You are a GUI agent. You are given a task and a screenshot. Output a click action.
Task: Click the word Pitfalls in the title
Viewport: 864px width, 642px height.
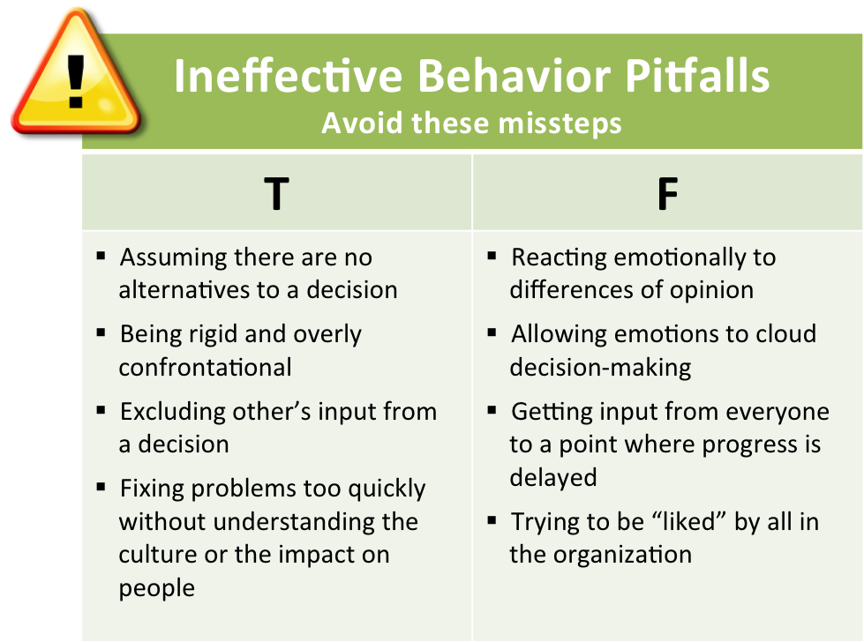(x=697, y=76)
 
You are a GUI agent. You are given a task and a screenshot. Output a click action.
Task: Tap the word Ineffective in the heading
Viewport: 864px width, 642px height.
(x=289, y=76)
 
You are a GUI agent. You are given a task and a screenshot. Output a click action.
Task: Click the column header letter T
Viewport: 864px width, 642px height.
(x=276, y=194)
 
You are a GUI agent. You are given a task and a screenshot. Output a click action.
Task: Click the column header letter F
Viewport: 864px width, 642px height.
(x=667, y=194)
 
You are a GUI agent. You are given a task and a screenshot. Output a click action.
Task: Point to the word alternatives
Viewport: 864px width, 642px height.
(x=184, y=290)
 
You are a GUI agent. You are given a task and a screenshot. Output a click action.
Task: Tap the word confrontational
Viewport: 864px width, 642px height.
(x=205, y=367)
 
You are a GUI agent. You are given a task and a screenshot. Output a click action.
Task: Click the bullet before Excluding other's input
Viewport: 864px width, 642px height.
(x=101, y=410)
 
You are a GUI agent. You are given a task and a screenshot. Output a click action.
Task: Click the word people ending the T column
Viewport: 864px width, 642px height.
(x=156, y=588)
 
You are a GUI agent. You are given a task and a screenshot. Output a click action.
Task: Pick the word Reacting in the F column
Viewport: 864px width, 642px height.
(x=559, y=258)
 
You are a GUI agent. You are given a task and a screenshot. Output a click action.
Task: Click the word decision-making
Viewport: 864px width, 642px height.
(x=600, y=368)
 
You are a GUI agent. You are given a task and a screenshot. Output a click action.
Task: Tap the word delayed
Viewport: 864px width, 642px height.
(x=553, y=477)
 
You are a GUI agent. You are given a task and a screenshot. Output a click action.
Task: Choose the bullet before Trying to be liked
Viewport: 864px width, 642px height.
(x=492, y=520)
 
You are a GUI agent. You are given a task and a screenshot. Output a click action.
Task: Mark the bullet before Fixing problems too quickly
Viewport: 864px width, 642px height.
(x=101, y=488)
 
